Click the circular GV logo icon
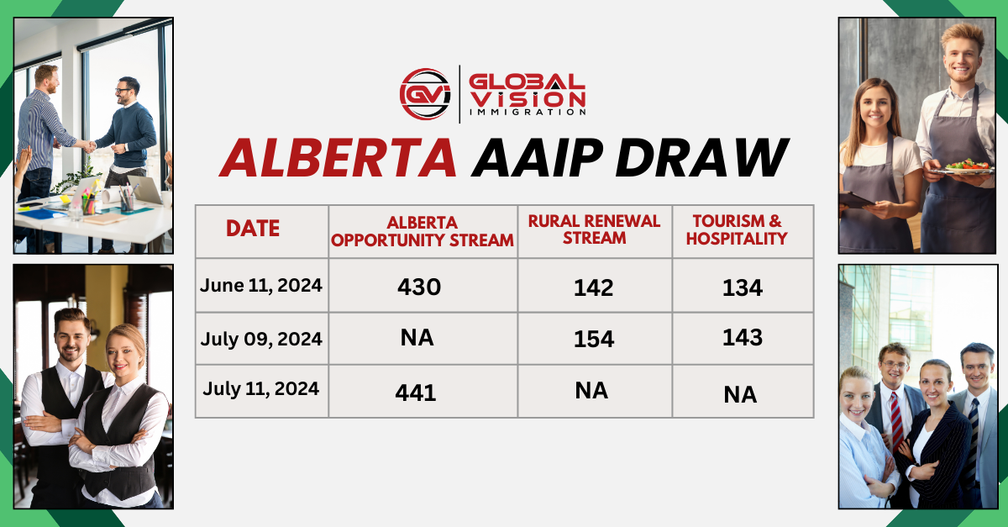(x=426, y=92)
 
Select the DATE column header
(x=253, y=229)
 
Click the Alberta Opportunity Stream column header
(x=423, y=231)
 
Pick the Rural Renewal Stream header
(x=594, y=229)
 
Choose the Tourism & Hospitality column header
(x=737, y=229)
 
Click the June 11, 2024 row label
(x=261, y=285)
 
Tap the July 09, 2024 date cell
(x=261, y=340)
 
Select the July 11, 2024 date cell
(x=260, y=388)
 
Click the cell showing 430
(x=419, y=287)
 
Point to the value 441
(x=416, y=392)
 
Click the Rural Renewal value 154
(x=593, y=340)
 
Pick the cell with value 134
(x=742, y=287)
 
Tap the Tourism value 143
(x=742, y=338)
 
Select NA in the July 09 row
(x=417, y=338)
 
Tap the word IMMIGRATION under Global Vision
(x=527, y=112)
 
